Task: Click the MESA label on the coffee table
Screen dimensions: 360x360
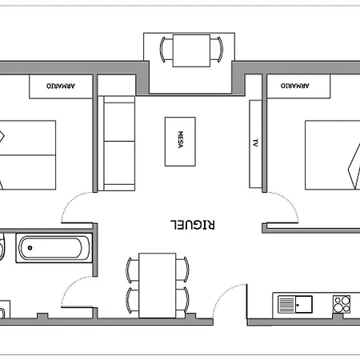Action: pyautogui.click(x=181, y=142)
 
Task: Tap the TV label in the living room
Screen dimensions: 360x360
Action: pyautogui.click(x=255, y=144)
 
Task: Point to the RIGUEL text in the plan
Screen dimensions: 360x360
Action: pyautogui.click(x=194, y=225)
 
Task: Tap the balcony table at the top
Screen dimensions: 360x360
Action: pyautogui.click(x=190, y=50)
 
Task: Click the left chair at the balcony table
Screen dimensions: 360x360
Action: pyautogui.click(x=166, y=50)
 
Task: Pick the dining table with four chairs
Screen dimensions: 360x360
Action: pyautogui.click(x=158, y=283)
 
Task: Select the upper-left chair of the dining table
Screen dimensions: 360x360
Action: pyautogui.click(x=132, y=269)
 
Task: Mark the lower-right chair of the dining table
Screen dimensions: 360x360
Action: pyautogui.click(x=183, y=299)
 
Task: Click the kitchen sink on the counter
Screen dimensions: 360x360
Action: pyautogui.click(x=295, y=304)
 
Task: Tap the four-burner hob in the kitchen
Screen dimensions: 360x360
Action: pyautogui.click(x=342, y=304)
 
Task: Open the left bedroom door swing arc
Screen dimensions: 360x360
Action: pyautogui.click(x=78, y=206)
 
